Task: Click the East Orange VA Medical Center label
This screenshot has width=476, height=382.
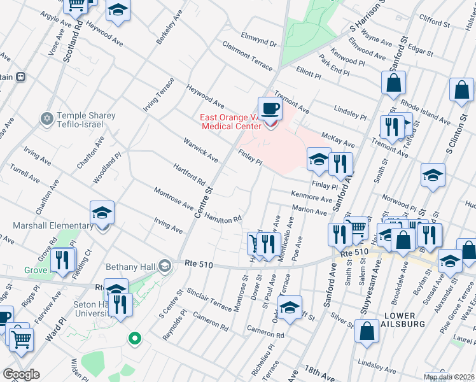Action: [230, 121]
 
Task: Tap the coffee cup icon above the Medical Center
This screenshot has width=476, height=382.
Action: [270, 108]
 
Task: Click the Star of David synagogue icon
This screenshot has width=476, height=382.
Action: [46, 119]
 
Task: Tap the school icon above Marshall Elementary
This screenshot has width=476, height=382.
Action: [102, 213]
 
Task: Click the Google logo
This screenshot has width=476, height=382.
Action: [21, 374]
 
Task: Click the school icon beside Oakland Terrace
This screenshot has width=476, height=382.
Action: [290, 307]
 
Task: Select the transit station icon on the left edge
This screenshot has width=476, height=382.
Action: [20, 77]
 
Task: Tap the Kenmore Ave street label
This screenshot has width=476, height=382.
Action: [312, 197]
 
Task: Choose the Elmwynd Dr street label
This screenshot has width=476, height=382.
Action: [259, 39]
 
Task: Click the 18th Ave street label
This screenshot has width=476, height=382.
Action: [318, 374]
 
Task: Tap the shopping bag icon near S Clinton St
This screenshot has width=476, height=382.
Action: [461, 90]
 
